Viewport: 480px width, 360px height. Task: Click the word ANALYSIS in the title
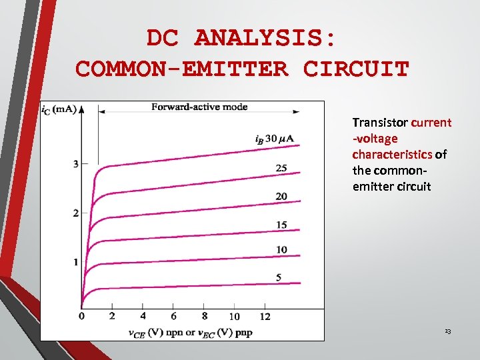tap(265, 39)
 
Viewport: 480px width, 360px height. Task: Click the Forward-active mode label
tap(199, 107)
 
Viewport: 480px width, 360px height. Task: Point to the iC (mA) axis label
tap(59, 109)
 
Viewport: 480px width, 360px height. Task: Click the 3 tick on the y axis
tap(76, 164)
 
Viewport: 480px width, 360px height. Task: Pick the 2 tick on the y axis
tap(76, 213)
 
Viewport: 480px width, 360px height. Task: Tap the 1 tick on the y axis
tap(76, 262)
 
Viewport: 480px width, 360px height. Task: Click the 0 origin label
tap(81, 315)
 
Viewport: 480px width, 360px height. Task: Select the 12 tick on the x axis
tap(265, 315)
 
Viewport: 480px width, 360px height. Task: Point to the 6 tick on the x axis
tap(173, 315)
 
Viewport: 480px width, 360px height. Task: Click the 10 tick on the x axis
tap(234, 316)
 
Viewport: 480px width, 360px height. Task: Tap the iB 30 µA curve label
tap(274, 139)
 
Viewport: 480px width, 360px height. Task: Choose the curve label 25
tap(281, 168)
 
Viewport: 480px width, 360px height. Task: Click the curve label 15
tap(281, 225)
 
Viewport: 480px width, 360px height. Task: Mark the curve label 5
tap(278, 277)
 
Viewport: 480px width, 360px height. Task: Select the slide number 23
tap(447, 331)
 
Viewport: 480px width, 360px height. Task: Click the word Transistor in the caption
tap(380, 123)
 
